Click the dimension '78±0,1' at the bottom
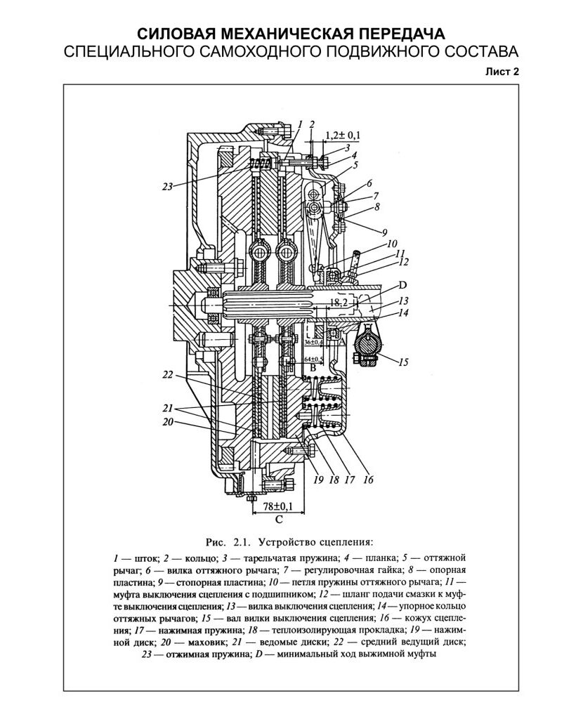[x=278, y=506]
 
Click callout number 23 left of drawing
[x=167, y=187]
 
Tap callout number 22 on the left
[x=167, y=375]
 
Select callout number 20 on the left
[x=167, y=422]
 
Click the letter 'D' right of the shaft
[x=402, y=285]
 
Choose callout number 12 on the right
[x=402, y=262]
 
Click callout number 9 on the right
[x=385, y=231]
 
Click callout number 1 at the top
[x=299, y=124]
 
